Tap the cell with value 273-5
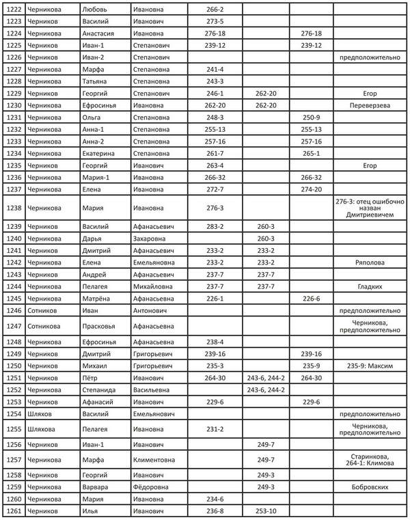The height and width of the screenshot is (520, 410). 215,22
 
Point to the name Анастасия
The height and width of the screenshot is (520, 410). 100,33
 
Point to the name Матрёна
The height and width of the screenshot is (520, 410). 96,298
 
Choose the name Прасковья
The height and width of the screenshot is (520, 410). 98,325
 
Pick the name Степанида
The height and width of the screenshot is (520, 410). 100,389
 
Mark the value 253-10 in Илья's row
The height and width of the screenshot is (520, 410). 266,511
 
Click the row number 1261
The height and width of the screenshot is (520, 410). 14,511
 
